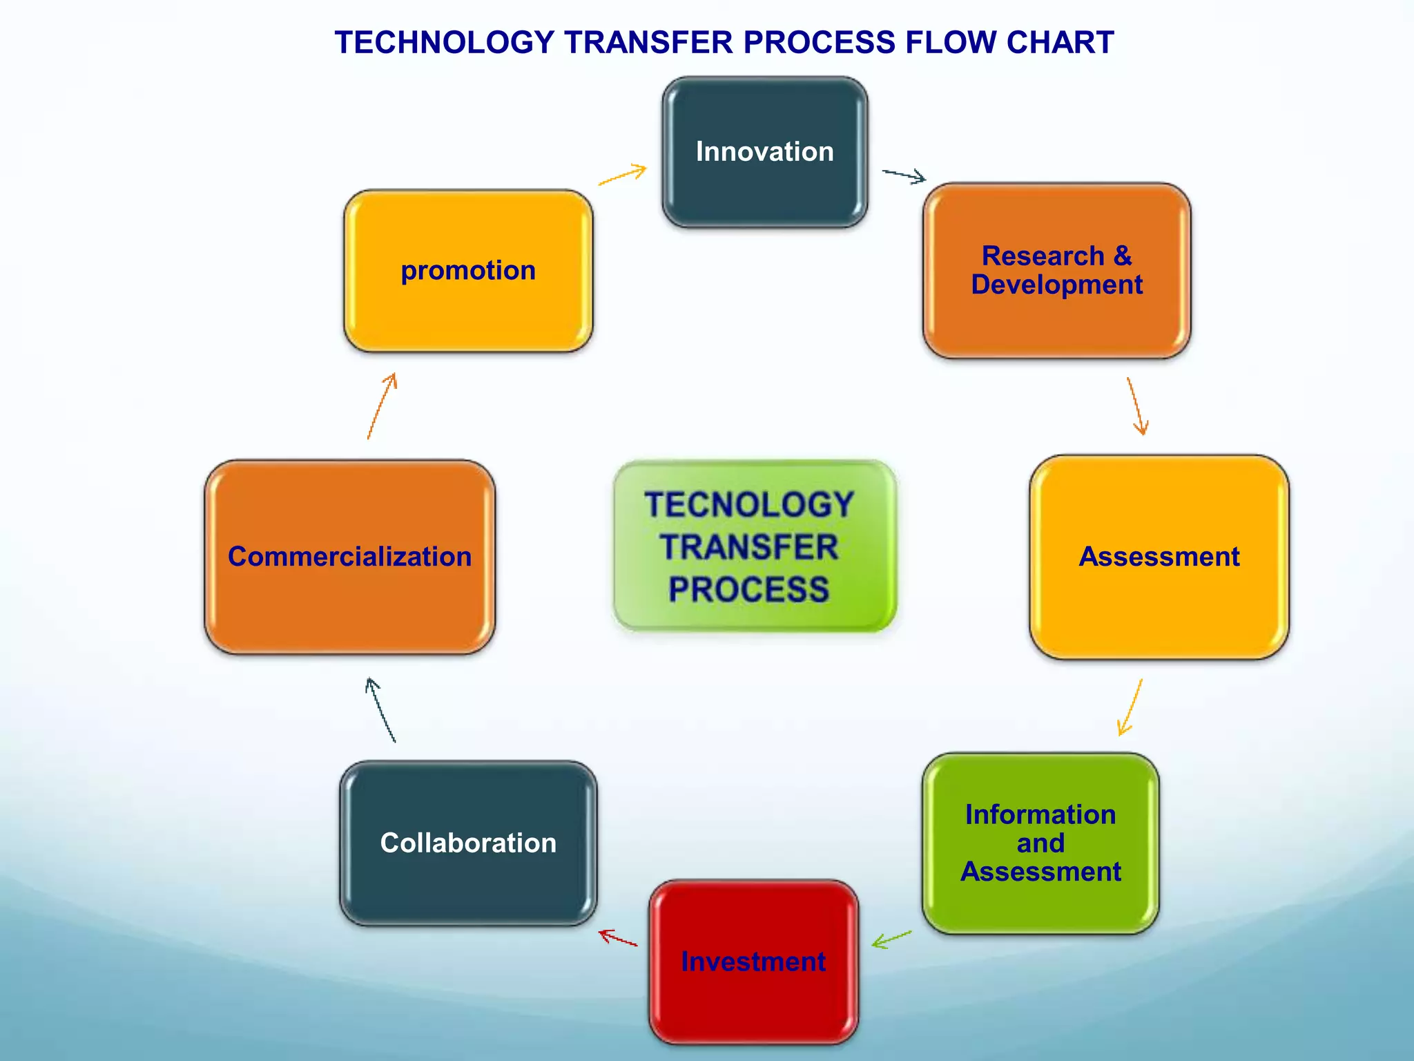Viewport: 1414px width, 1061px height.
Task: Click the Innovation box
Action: click(x=764, y=152)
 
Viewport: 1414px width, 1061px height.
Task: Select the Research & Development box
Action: click(x=1056, y=270)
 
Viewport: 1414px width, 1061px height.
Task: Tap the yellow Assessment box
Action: click(x=1159, y=557)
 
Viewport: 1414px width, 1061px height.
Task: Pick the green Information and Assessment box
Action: click(x=1040, y=843)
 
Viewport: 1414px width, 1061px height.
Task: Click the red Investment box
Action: click(x=753, y=961)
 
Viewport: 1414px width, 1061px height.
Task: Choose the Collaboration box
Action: click(x=468, y=843)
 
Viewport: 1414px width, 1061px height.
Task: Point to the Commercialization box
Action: click(x=349, y=557)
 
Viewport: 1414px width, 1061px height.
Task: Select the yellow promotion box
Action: click(x=468, y=270)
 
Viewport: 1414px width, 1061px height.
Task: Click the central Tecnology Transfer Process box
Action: click(x=754, y=546)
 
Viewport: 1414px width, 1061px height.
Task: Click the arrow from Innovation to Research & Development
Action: click(x=904, y=175)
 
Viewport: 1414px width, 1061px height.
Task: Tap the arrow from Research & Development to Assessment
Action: click(x=1136, y=406)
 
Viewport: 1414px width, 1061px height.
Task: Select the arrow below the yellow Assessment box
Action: click(x=1130, y=707)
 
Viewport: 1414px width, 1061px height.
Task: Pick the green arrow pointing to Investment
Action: click(x=891, y=939)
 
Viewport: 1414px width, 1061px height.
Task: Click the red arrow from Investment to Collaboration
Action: click(x=618, y=938)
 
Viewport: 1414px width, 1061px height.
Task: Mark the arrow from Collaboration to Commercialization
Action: click(x=380, y=710)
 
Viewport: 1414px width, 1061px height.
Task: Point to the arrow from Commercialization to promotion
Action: click(x=382, y=405)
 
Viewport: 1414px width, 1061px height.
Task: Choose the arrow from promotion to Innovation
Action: click(x=623, y=175)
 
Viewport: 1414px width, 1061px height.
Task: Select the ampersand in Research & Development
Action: click(x=1123, y=256)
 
